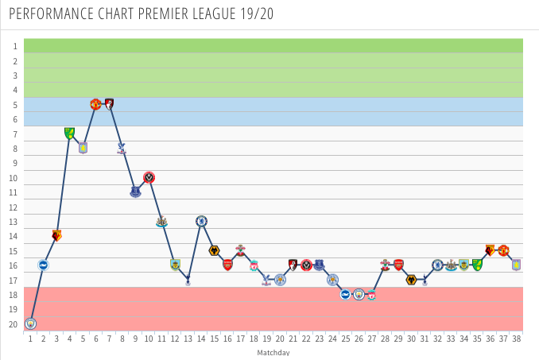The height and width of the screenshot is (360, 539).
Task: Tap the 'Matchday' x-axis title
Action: pos(273,352)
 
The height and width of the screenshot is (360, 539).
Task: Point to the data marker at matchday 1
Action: pos(30,323)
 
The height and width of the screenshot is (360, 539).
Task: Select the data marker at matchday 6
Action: pos(95,104)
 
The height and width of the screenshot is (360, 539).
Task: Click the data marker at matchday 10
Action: pos(149,177)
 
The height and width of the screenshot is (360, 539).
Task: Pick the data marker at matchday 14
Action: pos(202,221)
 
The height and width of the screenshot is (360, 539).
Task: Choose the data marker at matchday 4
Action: pos(69,134)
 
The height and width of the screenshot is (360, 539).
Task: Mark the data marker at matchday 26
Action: pos(359,294)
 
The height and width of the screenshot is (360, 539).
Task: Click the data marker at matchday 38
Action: pos(516,265)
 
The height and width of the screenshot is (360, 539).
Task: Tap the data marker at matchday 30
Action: pos(411,280)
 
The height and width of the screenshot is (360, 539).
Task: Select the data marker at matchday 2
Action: pos(43,265)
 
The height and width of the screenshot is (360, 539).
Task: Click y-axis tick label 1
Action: pos(14,46)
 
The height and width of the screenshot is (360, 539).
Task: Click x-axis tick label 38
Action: pos(516,339)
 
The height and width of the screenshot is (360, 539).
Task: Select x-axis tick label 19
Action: pos(267,339)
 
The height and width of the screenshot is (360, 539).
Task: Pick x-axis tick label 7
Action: pos(109,339)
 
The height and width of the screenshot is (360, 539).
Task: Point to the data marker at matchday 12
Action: pos(175,265)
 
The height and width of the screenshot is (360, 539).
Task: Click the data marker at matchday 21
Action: pos(293,265)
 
